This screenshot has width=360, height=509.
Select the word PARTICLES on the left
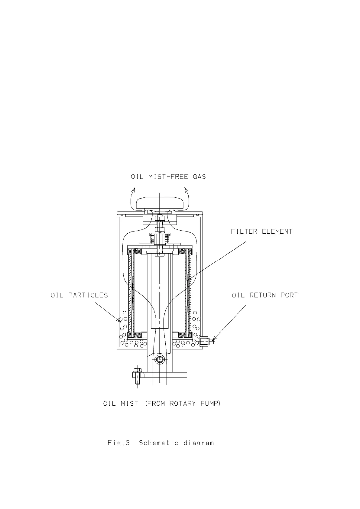[88, 295]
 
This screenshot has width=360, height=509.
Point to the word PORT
[290, 295]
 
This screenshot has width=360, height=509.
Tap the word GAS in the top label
[199, 177]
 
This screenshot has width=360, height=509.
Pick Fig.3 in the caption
[119, 443]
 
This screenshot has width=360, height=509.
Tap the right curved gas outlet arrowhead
[186, 190]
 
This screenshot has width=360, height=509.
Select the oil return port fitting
[205, 341]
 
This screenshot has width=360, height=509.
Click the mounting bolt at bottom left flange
[137, 375]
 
